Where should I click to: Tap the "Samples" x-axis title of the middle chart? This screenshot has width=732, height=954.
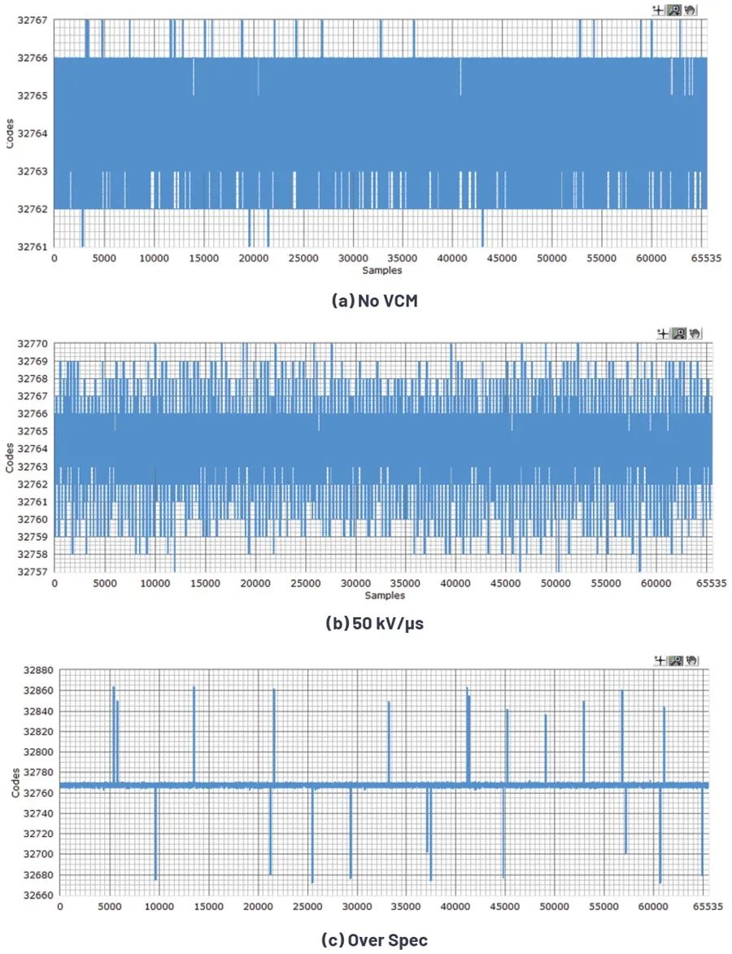[x=385, y=595]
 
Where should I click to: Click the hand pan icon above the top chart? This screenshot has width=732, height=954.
[x=691, y=10]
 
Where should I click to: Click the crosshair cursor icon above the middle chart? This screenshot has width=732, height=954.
[x=664, y=333]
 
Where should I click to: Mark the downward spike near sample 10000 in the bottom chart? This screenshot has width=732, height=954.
[x=155, y=838]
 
